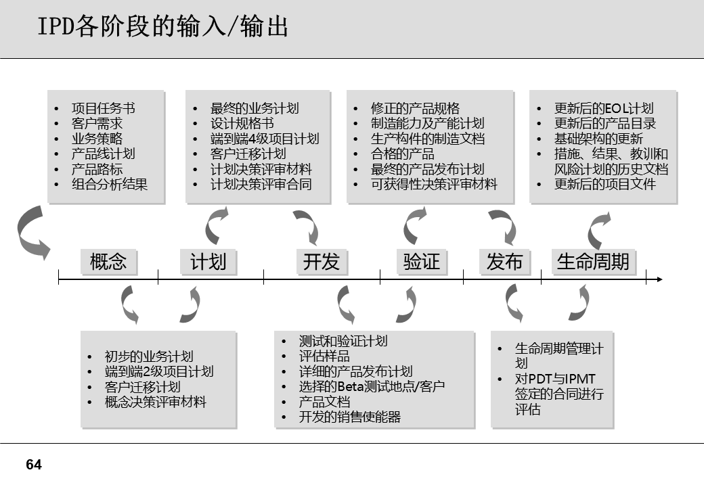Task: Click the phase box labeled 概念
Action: point(108,262)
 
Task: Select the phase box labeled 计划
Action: point(208,262)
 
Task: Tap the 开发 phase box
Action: point(322,262)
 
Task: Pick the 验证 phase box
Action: point(421,262)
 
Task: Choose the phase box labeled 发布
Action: point(505,262)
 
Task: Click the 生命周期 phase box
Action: point(593,262)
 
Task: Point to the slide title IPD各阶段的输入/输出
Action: point(162,28)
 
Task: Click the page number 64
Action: point(34,465)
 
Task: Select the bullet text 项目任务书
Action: point(103,109)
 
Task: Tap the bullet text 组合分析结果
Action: point(110,183)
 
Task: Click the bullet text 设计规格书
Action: point(242,124)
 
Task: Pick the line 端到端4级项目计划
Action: point(265,139)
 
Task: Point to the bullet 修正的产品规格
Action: point(415,109)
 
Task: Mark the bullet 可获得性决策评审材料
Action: point(434,183)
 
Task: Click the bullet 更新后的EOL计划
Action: point(604,109)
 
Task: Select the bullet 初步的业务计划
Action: point(149,357)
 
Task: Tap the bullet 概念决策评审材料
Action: point(156,402)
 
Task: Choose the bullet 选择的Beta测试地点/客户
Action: point(372,387)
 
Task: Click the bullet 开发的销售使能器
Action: point(350,417)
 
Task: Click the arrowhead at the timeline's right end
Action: point(659,279)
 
